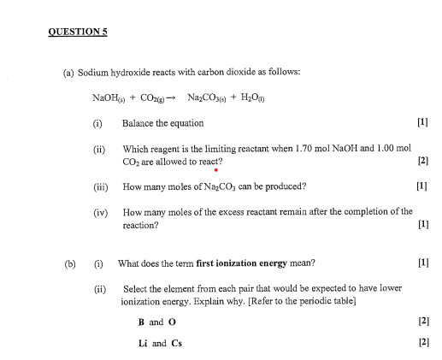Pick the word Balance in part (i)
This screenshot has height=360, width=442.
pos(138,124)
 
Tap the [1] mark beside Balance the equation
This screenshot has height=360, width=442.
pos(421,124)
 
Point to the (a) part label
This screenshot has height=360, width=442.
pos(68,74)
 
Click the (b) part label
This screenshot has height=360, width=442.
pos(70,263)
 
